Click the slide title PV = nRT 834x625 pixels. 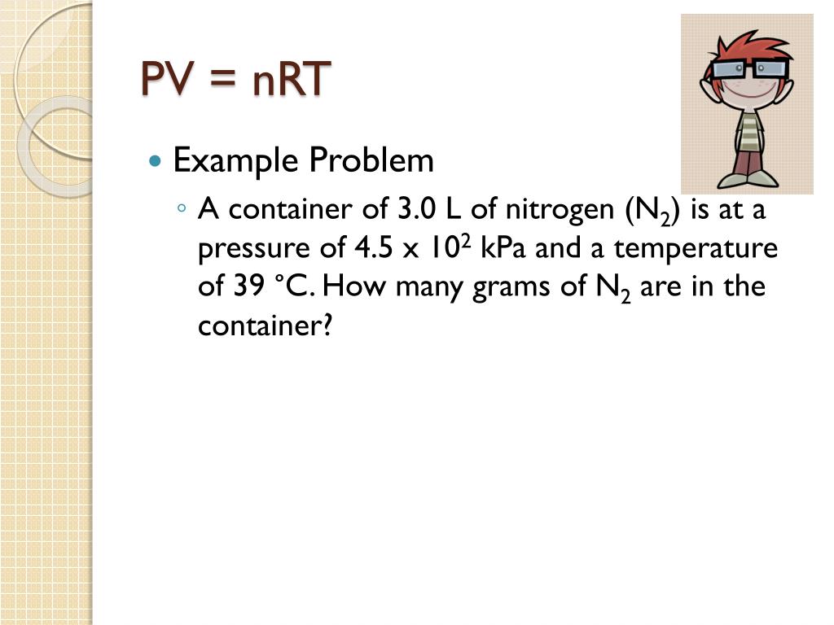(x=236, y=79)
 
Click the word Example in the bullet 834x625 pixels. (x=235, y=161)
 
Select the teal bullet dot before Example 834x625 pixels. (x=157, y=161)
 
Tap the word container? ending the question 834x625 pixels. (x=266, y=326)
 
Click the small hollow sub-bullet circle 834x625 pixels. (x=182, y=210)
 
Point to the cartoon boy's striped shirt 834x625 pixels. (x=748, y=130)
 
